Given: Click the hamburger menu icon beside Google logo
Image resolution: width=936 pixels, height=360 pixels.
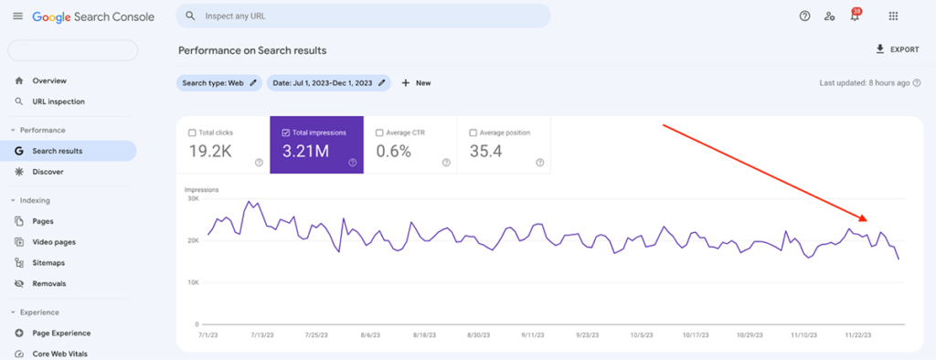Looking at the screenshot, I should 17,16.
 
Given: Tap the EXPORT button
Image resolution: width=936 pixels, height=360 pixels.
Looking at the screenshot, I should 897,49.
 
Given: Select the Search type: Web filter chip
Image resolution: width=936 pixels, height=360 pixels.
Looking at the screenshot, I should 218,83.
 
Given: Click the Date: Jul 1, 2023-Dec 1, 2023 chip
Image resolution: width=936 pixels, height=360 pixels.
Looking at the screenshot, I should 328,83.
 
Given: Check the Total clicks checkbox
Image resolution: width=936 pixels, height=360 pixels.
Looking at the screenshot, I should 192,132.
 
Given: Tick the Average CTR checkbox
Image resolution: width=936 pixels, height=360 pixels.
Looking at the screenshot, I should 379,132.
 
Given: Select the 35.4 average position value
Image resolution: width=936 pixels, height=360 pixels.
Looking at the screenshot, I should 485,151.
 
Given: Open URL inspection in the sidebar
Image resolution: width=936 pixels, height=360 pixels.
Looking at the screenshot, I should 58,101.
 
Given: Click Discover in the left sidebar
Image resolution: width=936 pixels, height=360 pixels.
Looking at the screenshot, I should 48,172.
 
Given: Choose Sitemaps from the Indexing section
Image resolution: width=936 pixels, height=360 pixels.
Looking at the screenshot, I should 48,263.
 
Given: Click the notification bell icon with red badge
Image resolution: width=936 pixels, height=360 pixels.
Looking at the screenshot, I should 855,16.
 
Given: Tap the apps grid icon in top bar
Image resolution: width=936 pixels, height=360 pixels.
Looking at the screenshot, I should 893,16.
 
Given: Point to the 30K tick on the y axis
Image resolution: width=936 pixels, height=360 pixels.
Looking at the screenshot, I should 193,198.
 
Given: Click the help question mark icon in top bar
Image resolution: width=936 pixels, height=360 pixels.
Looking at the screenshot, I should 804,16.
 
